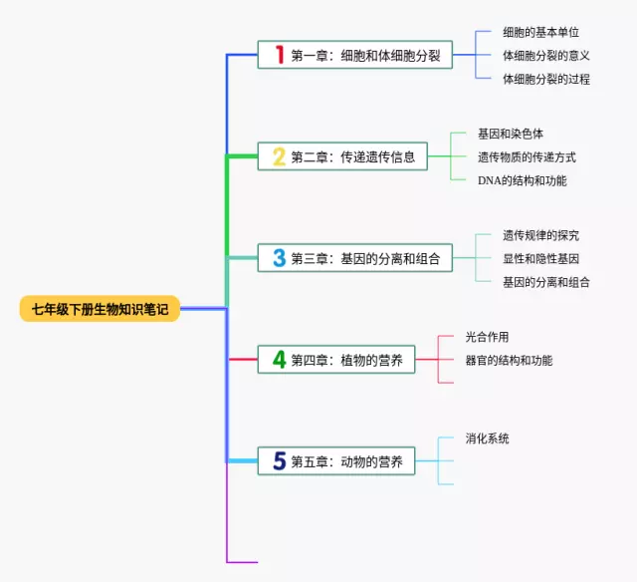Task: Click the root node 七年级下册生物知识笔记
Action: click(x=100, y=309)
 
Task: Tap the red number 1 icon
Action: click(x=280, y=54)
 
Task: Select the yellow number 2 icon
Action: click(x=280, y=156)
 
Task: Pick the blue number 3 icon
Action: click(x=280, y=258)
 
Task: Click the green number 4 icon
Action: click(x=280, y=360)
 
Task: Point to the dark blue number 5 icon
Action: click(x=280, y=461)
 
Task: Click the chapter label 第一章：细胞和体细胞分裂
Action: click(x=365, y=55)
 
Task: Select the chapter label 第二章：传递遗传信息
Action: click(x=352, y=156)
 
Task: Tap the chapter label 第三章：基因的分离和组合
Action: click(x=365, y=259)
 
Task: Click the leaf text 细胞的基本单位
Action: click(x=540, y=32)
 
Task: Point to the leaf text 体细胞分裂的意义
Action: click(x=546, y=55)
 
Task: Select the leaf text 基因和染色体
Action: click(x=510, y=134)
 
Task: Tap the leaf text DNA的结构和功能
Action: click(x=522, y=180)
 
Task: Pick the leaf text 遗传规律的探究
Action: click(x=540, y=235)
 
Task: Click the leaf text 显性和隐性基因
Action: click(x=540, y=258)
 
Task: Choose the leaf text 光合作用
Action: click(x=487, y=337)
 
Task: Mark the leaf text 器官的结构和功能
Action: click(x=509, y=360)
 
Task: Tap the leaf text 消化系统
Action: click(x=487, y=438)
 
